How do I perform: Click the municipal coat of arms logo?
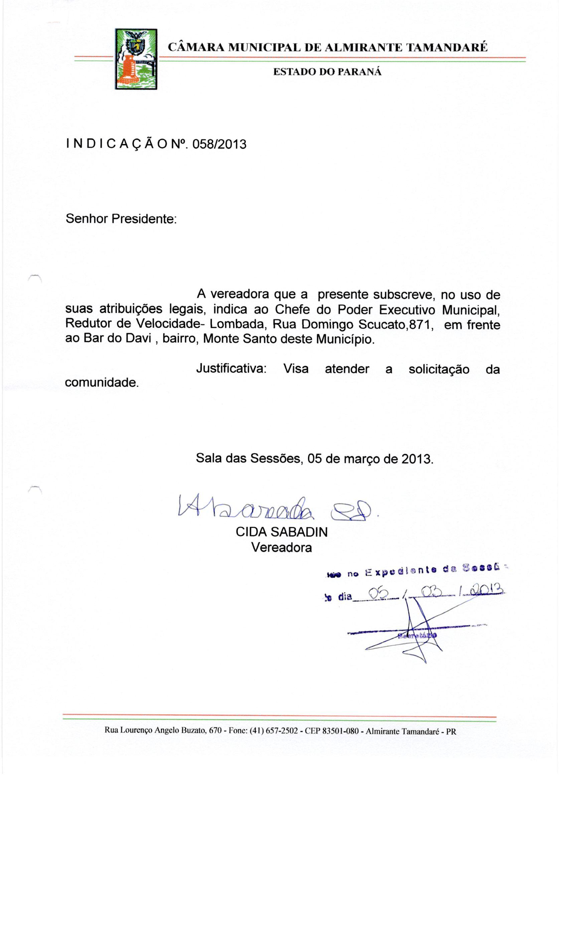pyautogui.click(x=136, y=59)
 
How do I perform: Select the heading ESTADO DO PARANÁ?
pyautogui.click(x=327, y=72)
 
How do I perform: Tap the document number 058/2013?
pyautogui.click(x=220, y=145)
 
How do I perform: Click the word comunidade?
pyautogui.click(x=102, y=382)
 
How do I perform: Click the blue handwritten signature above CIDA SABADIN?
pyautogui.click(x=277, y=511)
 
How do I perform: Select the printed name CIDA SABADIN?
pyautogui.click(x=281, y=532)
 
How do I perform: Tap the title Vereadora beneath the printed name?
pyautogui.click(x=281, y=547)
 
